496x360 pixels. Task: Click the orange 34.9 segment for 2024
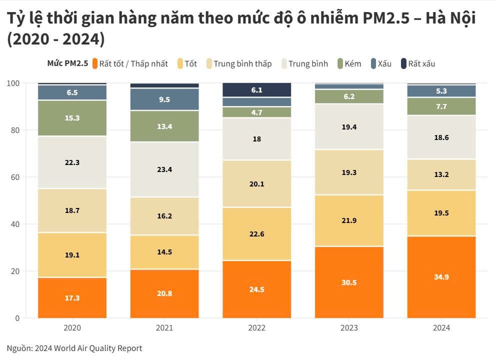(x=441, y=276)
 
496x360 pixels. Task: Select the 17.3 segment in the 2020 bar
(x=72, y=297)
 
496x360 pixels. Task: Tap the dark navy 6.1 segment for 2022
(x=256, y=90)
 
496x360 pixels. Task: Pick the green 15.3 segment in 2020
(x=72, y=118)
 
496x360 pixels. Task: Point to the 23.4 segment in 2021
(x=164, y=169)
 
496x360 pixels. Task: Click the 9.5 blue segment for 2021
(x=164, y=99)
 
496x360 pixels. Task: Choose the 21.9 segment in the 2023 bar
(x=349, y=220)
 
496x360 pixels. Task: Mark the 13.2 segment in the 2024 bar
(x=441, y=174)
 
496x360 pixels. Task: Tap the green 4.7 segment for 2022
(x=256, y=112)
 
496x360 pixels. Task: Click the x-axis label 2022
(x=256, y=328)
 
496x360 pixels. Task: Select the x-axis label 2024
(x=441, y=328)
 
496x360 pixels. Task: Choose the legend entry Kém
(x=352, y=63)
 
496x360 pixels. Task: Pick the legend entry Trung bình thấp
(x=242, y=63)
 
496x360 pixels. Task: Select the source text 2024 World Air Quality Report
(x=88, y=348)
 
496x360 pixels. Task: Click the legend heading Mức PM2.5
(x=67, y=63)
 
